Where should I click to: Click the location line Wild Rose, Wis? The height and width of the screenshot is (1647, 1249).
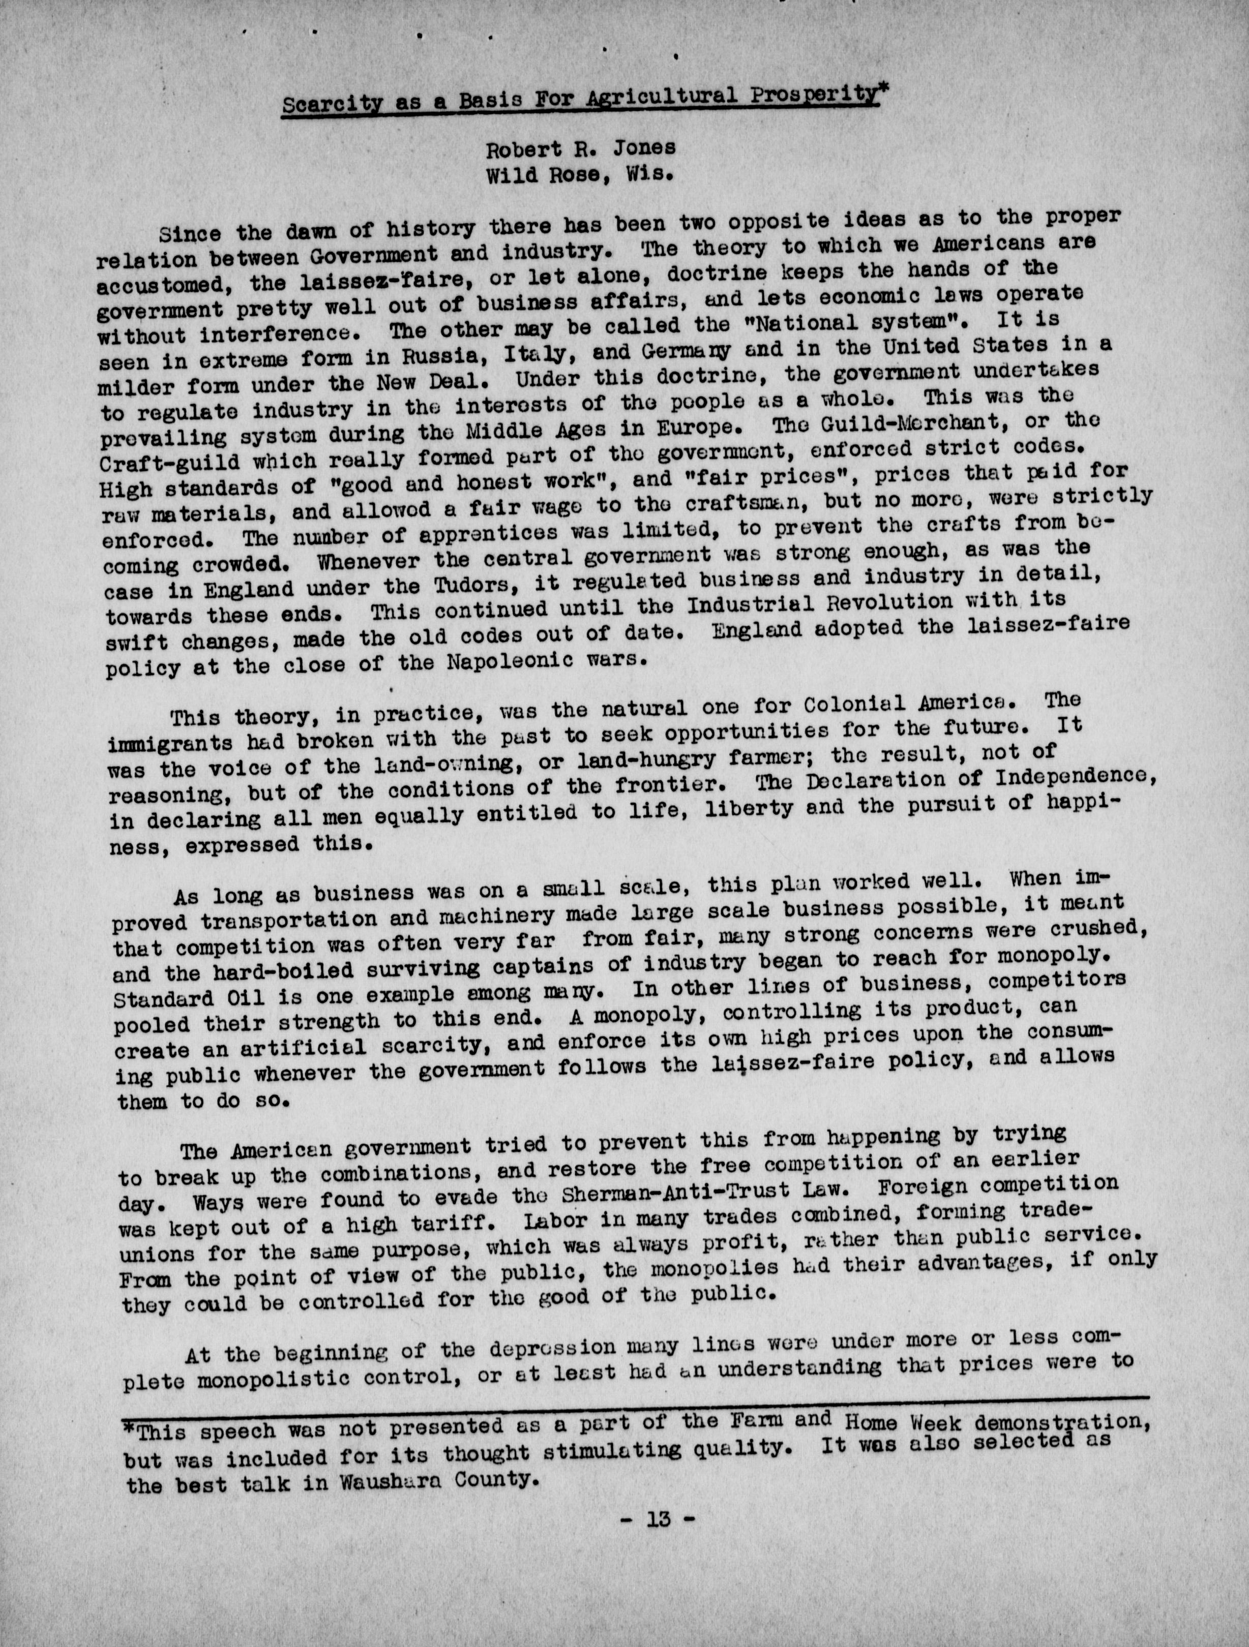point(580,177)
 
